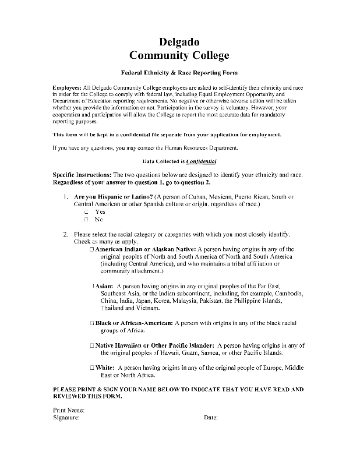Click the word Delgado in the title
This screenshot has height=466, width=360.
click(x=179, y=42)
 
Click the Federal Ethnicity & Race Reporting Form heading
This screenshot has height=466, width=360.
click(x=179, y=74)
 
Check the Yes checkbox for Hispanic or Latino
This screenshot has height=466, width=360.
click(x=86, y=212)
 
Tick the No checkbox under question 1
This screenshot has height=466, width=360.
click(x=86, y=220)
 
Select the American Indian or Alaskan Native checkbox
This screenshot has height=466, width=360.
click(x=92, y=249)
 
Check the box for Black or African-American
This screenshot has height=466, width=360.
click(x=92, y=323)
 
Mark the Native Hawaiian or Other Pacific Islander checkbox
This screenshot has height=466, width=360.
click(x=92, y=345)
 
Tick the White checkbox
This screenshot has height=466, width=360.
click(x=92, y=368)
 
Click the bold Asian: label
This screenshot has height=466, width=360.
click(x=104, y=286)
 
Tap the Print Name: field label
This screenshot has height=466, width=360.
click(x=69, y=410)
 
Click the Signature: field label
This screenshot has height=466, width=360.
click(x=66, y=418)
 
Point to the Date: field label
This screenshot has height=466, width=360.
click(x=211, y=418)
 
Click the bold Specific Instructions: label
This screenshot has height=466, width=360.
click(x=82, y=175)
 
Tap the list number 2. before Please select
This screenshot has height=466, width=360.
click(x=66, y=234)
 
